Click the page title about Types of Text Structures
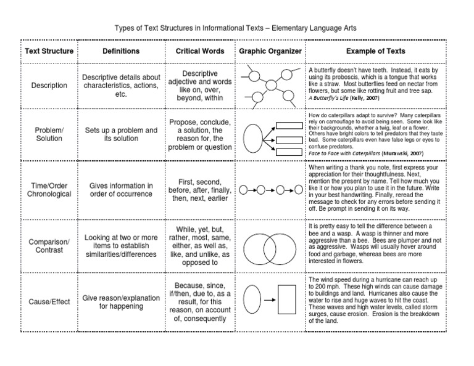(236, 29)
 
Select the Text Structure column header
(49, 51)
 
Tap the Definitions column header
(121, 51)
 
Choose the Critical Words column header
(200, 51)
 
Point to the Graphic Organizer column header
(270, 51)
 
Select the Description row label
(49, 86)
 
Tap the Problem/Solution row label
(49, 134)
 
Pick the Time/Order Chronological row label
(49, 190)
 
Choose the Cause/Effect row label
(49, 302)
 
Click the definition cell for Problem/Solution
(121, 134)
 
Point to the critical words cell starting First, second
(200, 190)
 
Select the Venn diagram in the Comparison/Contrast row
(270, 246)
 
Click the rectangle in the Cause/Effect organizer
(287, 299)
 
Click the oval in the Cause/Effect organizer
(253, 299)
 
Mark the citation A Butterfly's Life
(344, 98)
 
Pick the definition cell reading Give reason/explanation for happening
(121, 302)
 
